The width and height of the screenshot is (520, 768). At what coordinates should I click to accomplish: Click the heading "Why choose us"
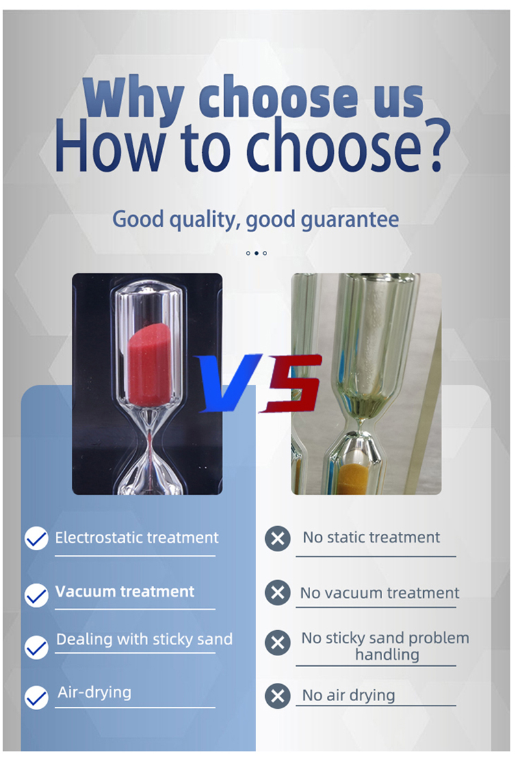click(253, 98)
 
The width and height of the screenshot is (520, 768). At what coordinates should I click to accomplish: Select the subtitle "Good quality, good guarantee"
click(255, 219)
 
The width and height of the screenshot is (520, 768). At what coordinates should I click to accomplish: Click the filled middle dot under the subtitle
click(256, 253)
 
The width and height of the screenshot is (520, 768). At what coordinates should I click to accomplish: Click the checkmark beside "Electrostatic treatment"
click(36, 538)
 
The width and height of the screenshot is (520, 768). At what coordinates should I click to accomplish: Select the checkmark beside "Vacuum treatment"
click(36, 595)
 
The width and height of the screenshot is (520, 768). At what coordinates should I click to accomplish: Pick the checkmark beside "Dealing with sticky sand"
click(36, 648)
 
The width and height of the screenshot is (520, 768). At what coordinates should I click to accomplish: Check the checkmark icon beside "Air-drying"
click(36, 698)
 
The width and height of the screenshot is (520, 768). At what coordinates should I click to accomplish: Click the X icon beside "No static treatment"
click(278, 538)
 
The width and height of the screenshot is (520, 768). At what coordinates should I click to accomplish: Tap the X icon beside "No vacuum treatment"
click(278, 592)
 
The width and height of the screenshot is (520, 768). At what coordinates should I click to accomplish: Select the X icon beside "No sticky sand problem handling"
click(278, 642)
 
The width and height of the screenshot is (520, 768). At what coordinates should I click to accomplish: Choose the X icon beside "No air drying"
click(278, 696)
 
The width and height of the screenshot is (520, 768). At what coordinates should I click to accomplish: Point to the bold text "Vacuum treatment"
click(125, 592)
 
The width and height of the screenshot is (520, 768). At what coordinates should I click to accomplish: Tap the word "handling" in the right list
click(387, 655)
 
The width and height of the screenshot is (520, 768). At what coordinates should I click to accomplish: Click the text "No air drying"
click(348, 696)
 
